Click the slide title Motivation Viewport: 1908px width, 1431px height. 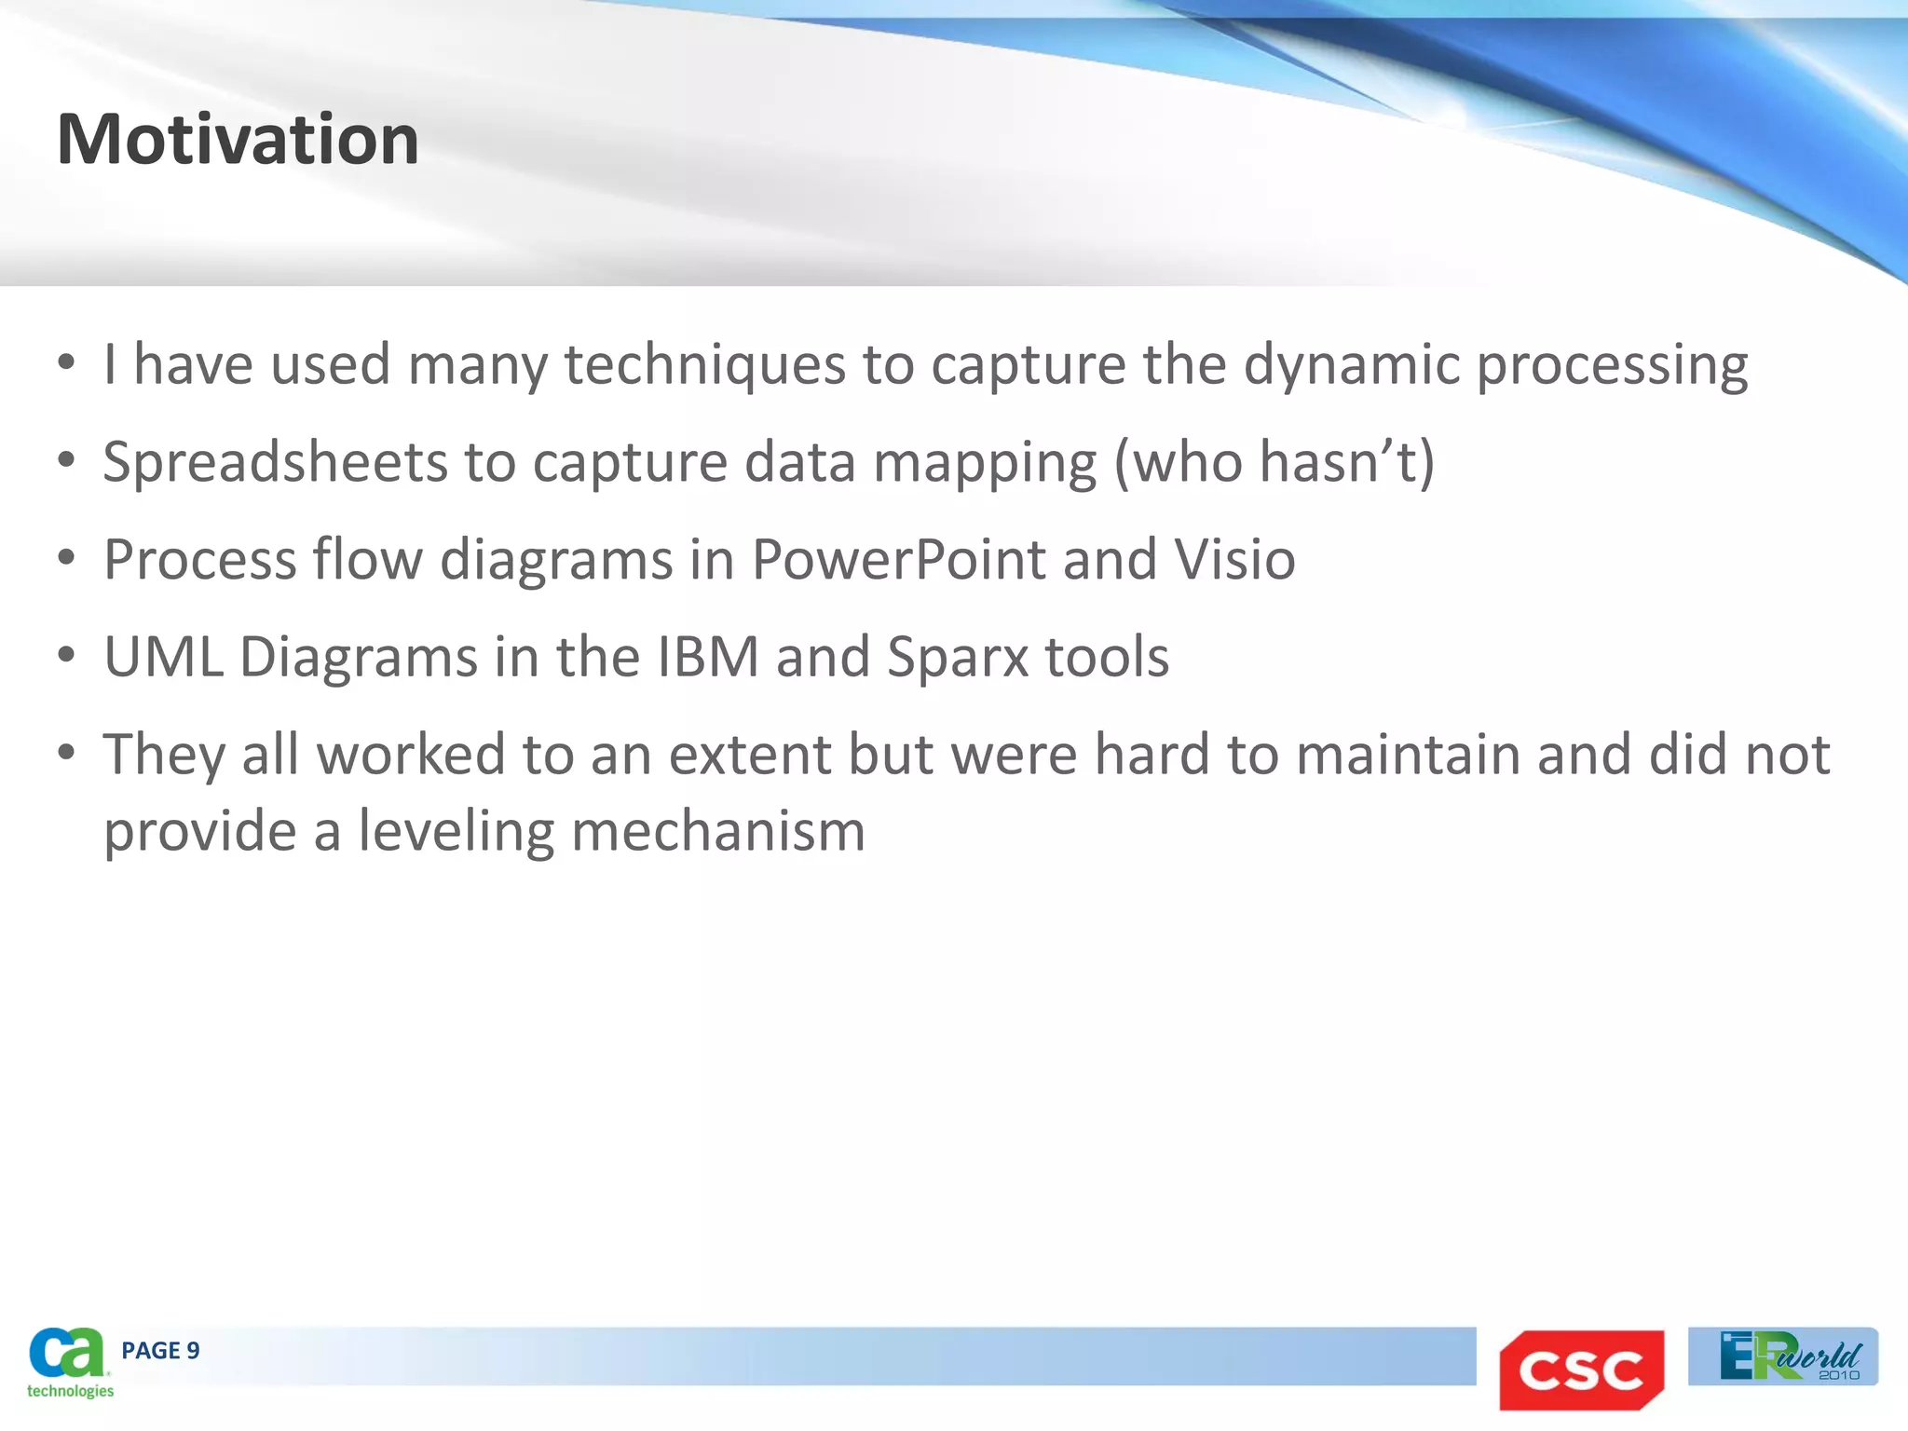pyautogui.click(x=238, y=140)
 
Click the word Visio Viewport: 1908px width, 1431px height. pyautogui.click(x=1234, y=560)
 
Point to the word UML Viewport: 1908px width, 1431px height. pyautogui.click(x=163, y=657)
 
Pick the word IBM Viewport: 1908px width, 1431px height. pyautogui.click(x=708, y=657)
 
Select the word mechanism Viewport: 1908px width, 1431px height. pyautogui.click(x=718, y=831)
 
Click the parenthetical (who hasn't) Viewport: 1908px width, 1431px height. pyautogui.click(x=1274, y=462)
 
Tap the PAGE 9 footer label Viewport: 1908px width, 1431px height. pyautogui.click(x=160, y=1351)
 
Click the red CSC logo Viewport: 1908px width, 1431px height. pyautogui.click(x=1581, y=1370)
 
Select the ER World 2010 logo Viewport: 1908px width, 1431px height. pyautogui.click(x=1782, y=1356)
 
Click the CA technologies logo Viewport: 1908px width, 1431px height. pyautogui.click(x=69, y=1362)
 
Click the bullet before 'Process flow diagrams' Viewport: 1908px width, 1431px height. pyautogui.click(x=66, y=558)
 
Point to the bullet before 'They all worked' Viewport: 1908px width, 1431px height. pyautogui.click(x=66, y=752)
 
